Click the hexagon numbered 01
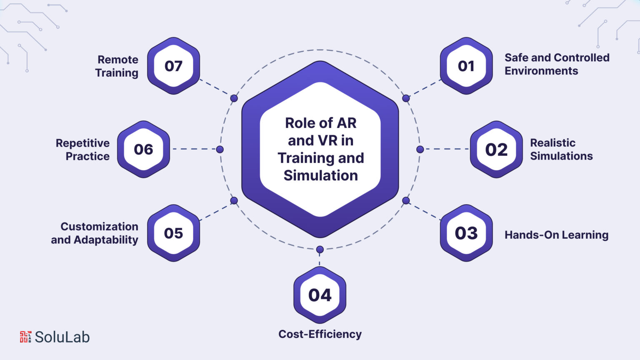tap(466, 66)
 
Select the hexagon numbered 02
tap(496, 149)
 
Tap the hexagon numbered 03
tap(466, 233)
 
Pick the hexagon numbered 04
tap(320, 295)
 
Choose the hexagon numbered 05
tap(173, 233)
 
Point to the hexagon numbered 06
tap(143, 149)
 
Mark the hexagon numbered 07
tap(173, 66)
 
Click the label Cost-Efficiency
tap(320, 334)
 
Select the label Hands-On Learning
tap(557, 235)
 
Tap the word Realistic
tap(553, 142)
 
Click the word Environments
tap(541, 70)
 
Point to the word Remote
tap(118, 60)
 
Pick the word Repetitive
tap(82, 143)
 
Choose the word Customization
tap(100, 226)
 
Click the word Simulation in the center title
tap(320, 175)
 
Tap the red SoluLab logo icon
tap(25, 337)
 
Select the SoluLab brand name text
tap(62, 337)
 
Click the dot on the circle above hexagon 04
tap(320, 250)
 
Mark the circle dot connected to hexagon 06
tap(220, 149)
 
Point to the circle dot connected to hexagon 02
tap(420, 149)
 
